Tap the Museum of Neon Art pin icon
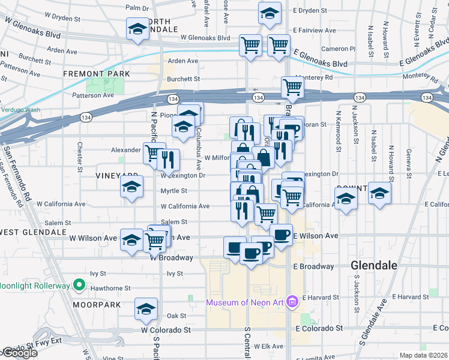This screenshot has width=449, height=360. pyautogui.click(x=292, y=301)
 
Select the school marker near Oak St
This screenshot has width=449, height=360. pyautogui.click(x=146, y=308)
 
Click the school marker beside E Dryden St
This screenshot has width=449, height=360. pyautogui.click(x=270, y=12)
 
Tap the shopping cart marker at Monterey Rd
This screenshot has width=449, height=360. pyautogui.click(x=292, y=86)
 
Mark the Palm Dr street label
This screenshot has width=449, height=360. pyautogui.click(x=137, y=8)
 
